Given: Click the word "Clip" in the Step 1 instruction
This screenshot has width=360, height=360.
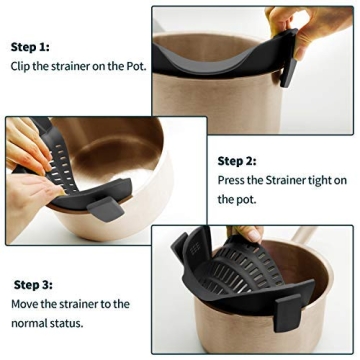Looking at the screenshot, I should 25,67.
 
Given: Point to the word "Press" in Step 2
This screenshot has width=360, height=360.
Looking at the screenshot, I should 234,181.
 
